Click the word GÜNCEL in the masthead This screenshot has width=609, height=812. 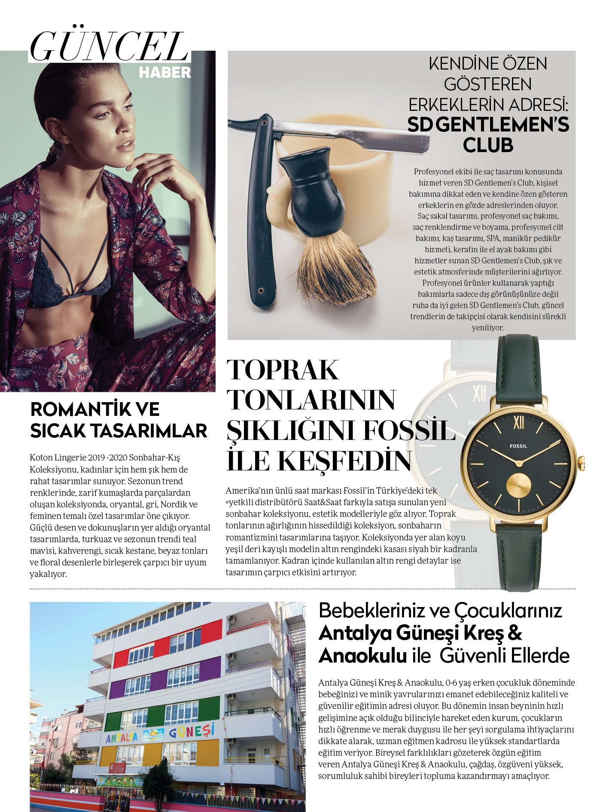click(x=109, y=47)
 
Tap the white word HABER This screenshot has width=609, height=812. click(x=164, y=73)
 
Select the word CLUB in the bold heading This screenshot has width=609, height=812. click(x=488, y=145)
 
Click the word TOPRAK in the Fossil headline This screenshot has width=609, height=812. click(x=283, y=370)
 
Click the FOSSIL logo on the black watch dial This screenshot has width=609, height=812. click(x=518, y=446)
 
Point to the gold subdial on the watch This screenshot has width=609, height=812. click(x=518, y=485)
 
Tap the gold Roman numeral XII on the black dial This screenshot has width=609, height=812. click(x=518, y=423)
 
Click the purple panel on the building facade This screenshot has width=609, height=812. click(x=209, y=669)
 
